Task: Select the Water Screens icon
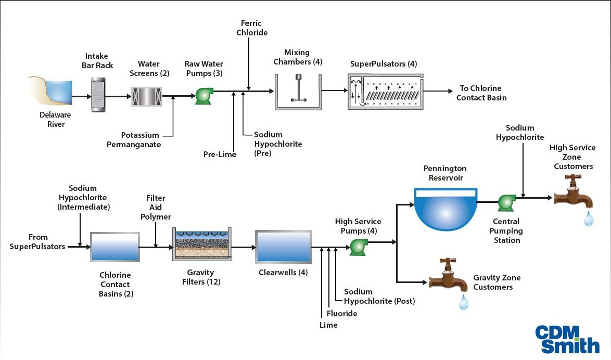[147, 96]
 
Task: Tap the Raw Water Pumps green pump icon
[203, 95]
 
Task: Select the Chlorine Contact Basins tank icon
[115, 247]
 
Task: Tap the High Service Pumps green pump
[358, 247]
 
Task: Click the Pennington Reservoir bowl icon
[445, 208]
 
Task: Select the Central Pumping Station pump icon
[505, 203]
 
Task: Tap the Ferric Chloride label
[252, 28]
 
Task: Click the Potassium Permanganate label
[134, 140]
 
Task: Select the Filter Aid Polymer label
[156, 207]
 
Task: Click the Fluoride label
[342, 313]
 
